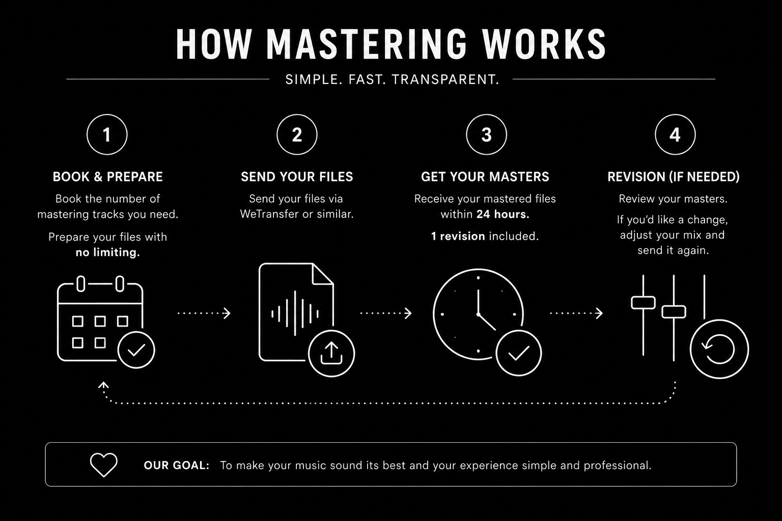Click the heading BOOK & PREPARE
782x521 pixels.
(x=108, y=177)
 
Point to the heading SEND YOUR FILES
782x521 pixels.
(x=297, y=177)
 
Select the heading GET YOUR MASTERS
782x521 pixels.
(x=485, y=177)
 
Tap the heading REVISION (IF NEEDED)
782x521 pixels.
(x=674, y=177)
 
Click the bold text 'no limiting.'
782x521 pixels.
(x=108, y=252)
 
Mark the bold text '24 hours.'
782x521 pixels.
(x=503, y=214)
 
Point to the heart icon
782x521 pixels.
(x=104, y=465)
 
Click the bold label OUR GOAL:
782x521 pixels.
(x=177, y=465)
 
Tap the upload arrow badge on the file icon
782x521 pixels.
(x=331, y=353)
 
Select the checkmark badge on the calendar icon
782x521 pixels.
(x=136, y=350)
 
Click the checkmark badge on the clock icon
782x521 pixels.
(x=519, y=353)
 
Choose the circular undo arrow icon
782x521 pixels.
(x=719, y=349)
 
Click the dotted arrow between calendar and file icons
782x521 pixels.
(x=204, y=313)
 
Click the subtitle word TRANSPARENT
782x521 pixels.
(x=446, y=79)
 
